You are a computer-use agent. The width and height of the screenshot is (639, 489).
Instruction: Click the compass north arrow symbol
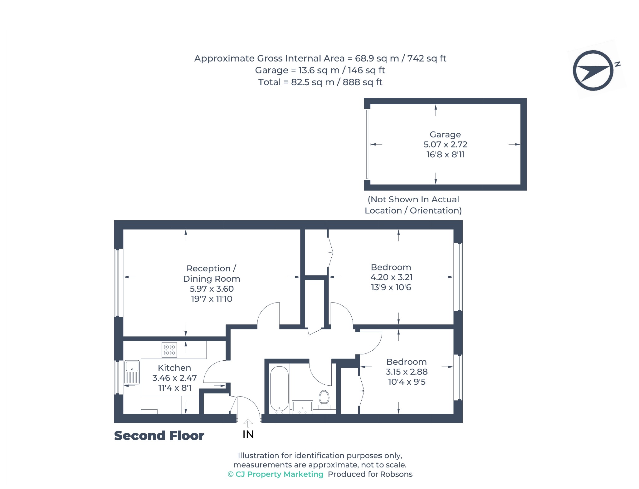point(593,71)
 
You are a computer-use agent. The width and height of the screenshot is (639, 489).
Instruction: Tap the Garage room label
point(445,135)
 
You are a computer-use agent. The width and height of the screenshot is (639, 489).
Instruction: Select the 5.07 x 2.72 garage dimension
point(445,145)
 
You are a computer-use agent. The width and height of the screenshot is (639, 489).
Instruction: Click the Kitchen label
point(174,368)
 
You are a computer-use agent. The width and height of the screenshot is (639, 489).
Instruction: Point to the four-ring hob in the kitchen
point(169,350)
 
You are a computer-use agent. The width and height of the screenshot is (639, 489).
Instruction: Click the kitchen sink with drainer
point(132,373)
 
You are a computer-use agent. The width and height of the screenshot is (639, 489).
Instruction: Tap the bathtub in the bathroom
point(279,389)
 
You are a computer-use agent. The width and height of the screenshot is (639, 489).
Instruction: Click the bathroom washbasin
point(303,407)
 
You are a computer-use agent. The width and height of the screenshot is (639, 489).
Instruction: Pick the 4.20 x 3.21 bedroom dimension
point(391,277)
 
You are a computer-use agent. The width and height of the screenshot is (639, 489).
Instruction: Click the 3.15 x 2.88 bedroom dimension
point(407,372)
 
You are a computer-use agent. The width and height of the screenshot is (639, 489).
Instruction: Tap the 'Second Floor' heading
point(159,436)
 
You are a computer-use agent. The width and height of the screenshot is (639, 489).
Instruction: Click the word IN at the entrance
point(248,434)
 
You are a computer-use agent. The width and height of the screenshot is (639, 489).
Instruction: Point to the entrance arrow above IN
point(248,423)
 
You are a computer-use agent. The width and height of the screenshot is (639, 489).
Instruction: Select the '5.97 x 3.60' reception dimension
point(212,289)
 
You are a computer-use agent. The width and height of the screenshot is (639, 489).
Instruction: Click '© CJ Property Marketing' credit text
point(276,474)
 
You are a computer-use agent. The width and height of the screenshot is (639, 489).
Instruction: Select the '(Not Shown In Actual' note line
point(413,200)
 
